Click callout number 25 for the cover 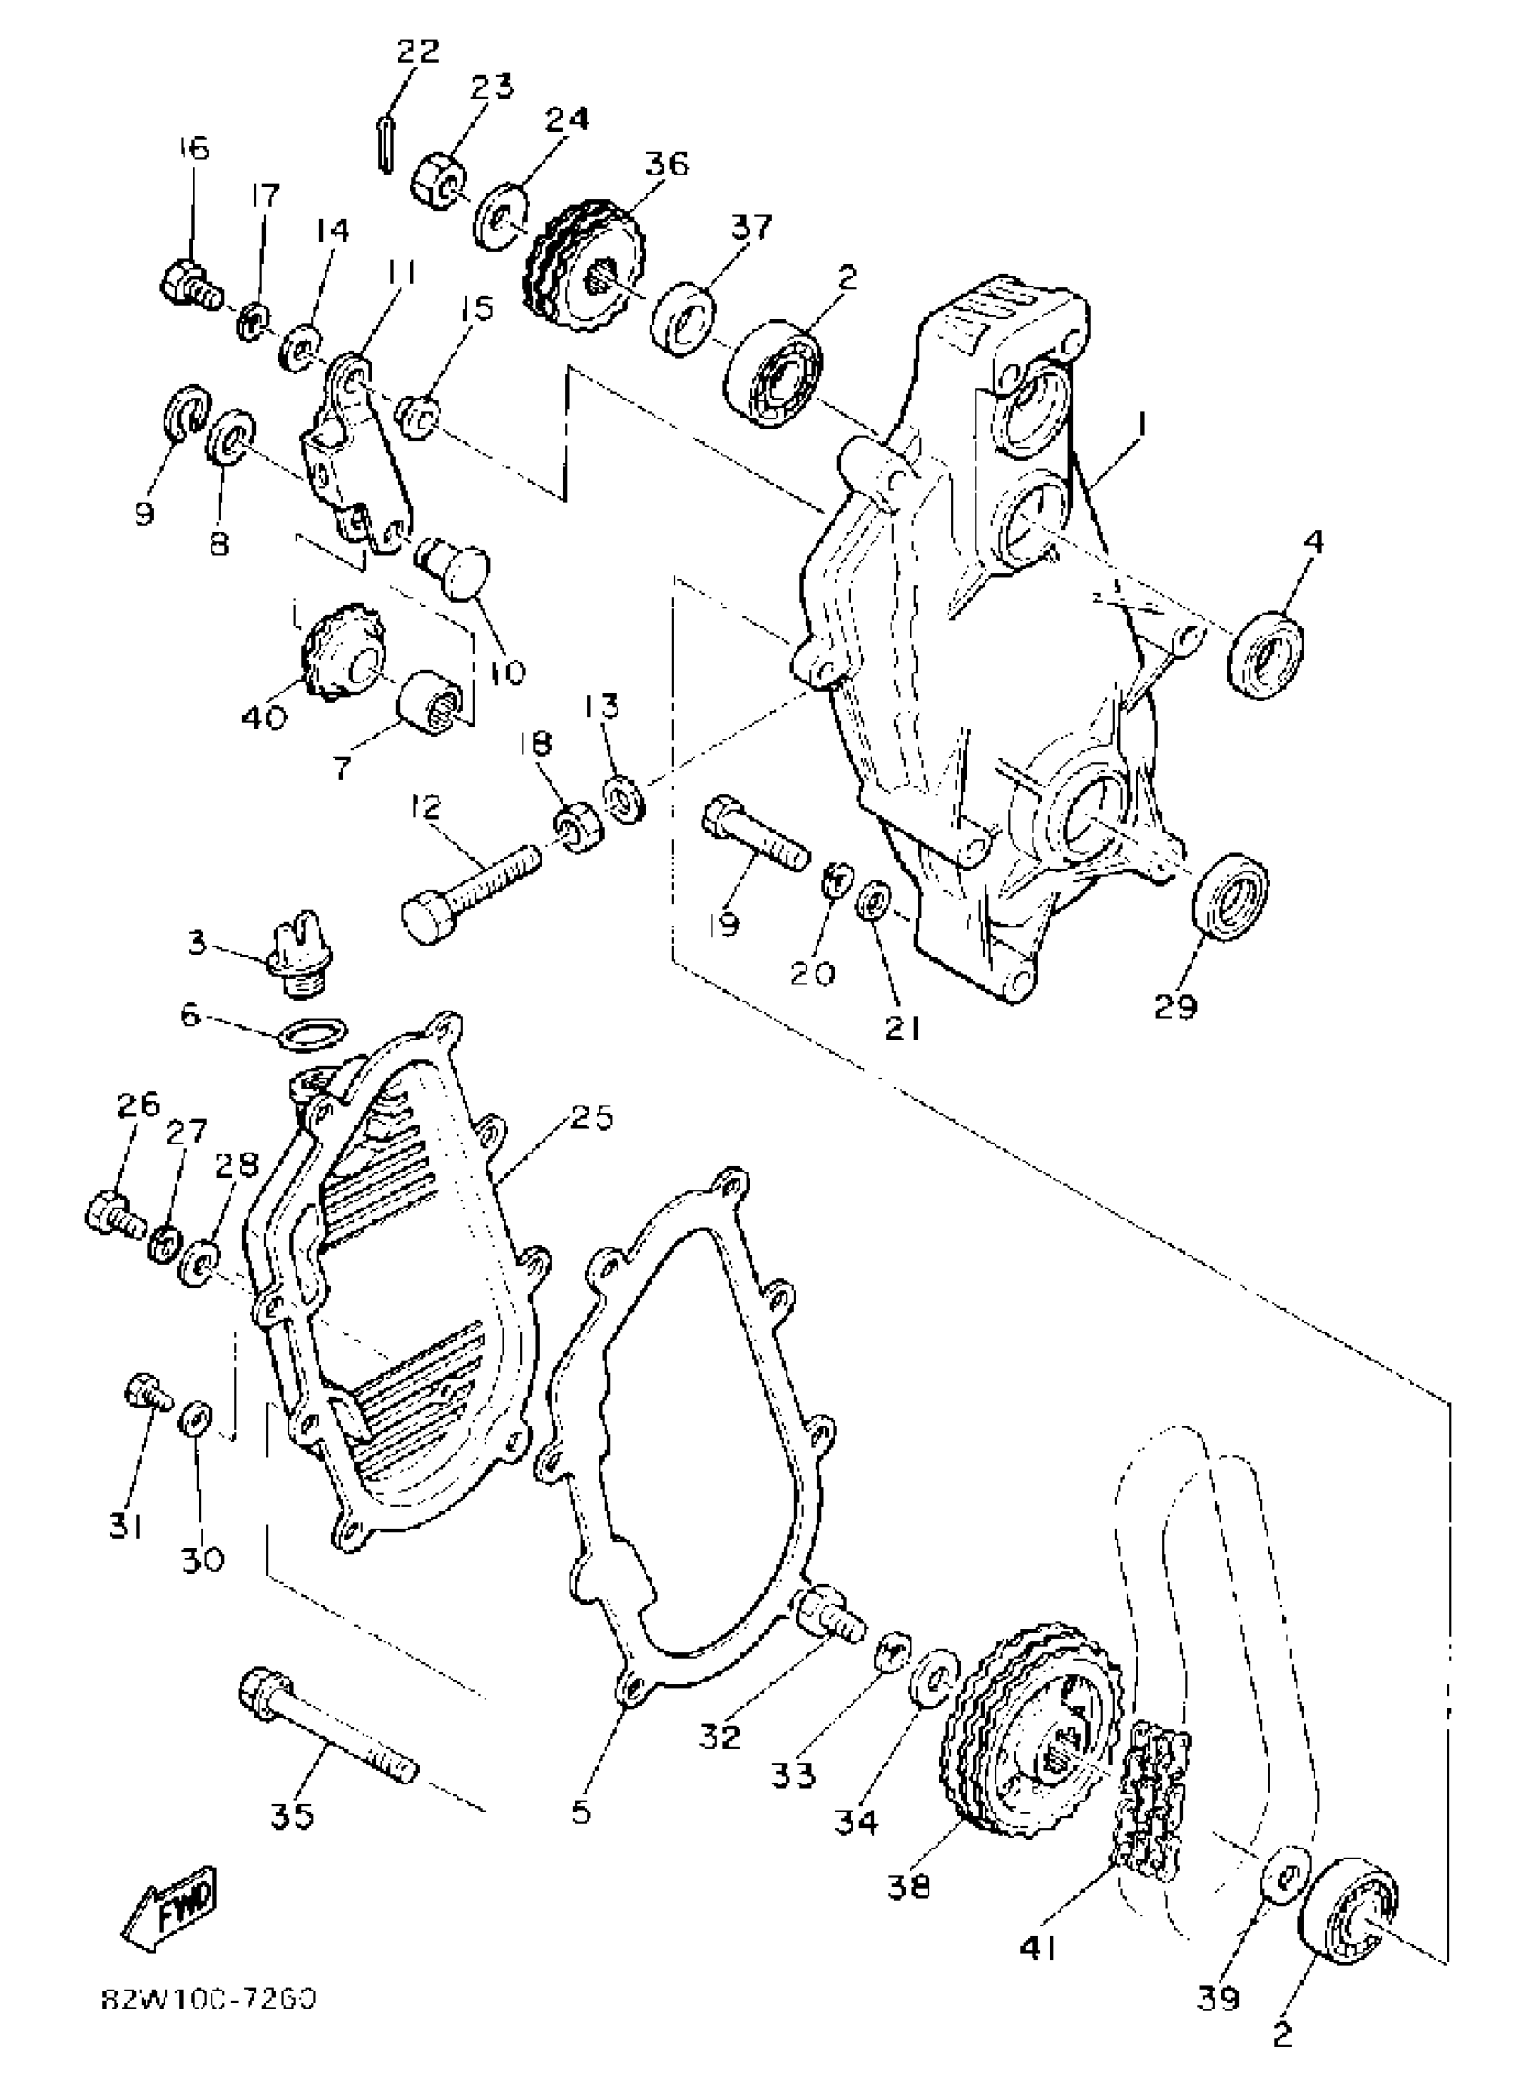tap(591, 1116)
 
